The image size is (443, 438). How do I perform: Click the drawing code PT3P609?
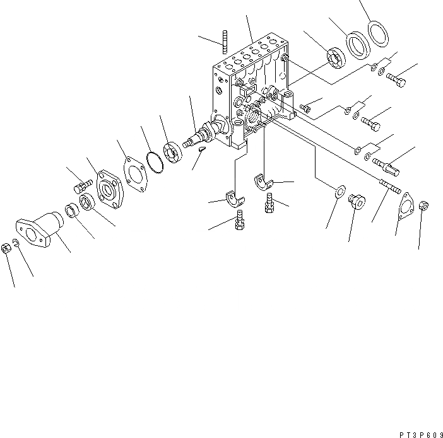420,433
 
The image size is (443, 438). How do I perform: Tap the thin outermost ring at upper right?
378,33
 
